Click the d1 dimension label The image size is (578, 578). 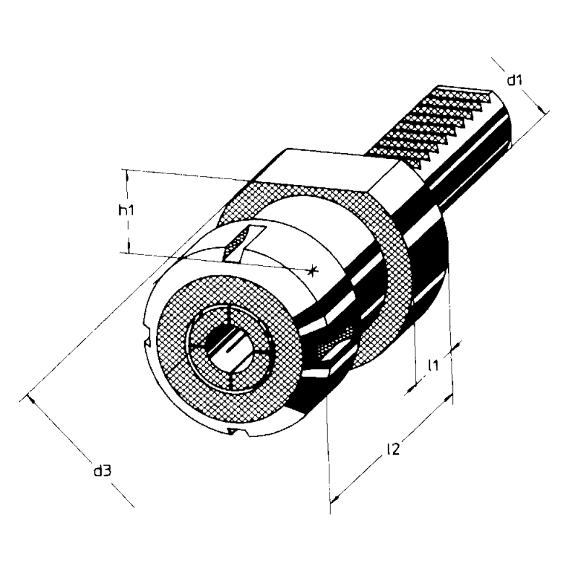tap(514, 79)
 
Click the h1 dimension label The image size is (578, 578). tap(126, 210)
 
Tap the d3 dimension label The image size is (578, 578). tap(102, 471)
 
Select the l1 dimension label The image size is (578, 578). tap(433, 365)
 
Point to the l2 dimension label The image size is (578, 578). tap(393, 449)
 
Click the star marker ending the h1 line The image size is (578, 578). tap(313, 270)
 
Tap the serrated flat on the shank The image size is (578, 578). tap(432, 125)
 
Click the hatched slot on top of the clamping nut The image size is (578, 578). tap(244, 243)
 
